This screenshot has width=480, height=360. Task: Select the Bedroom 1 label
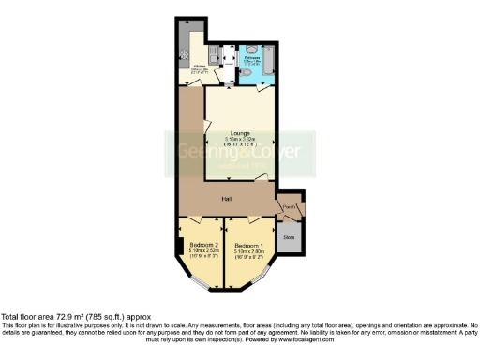[x=248, y=246]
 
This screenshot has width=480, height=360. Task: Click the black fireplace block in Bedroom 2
[x=178, y=247]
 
